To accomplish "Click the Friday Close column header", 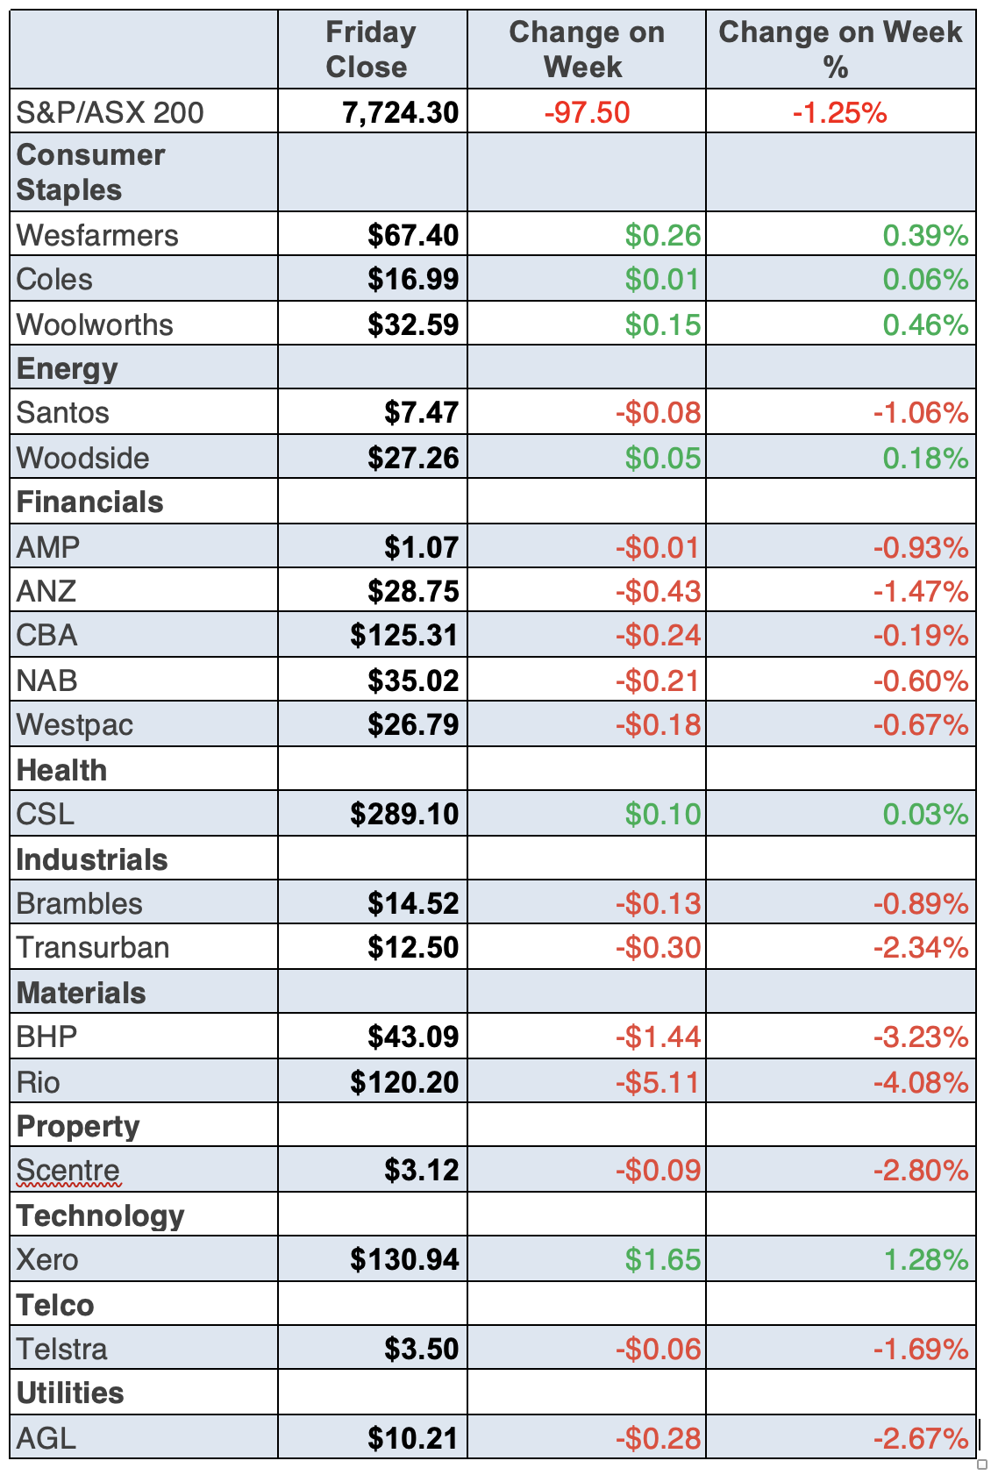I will [x=370, y=49].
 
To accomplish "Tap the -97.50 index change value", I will [x=587, y=112].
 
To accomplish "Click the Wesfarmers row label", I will [x=97, y=235].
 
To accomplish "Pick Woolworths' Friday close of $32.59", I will [x=412, y=324].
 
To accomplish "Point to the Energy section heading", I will [x=67, y=368].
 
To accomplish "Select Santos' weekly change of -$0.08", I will [x=658, y=412].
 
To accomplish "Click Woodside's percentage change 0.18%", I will [x=924, y=458].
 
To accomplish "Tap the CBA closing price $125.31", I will [x=403, y=635].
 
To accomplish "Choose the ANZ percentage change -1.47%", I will [x=920, y=591].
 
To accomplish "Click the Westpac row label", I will [x=75, y=724].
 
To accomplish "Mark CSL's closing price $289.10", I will [x=403, y=814].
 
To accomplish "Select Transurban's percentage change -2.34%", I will [x=920, y=947].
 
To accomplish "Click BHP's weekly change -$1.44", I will [x=658, y=1037].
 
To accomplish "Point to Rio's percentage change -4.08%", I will [x=920, y=1082].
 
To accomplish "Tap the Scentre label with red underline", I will [x=68, y=1170].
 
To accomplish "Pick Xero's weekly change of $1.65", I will [x=662, y=1259].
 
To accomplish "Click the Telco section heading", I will [x=55, y=1305].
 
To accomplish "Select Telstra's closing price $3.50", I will [x=421, y=1349].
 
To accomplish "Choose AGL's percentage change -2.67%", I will [x=920, y=1438].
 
